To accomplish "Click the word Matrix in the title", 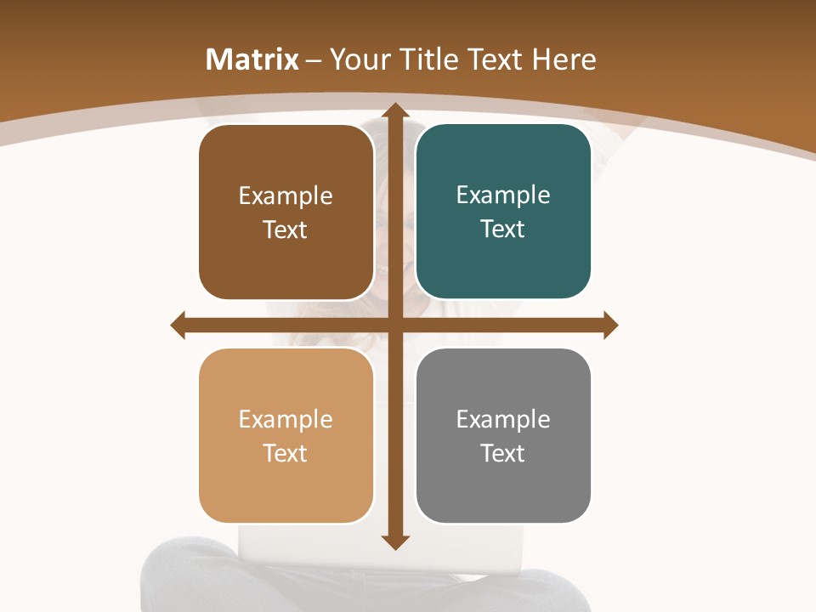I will coord(252,59).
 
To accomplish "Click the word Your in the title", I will coord(354,59).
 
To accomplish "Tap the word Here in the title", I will coord(564,59).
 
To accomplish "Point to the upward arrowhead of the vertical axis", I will coord(394,110).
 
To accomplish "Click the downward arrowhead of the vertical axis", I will coord(394,541).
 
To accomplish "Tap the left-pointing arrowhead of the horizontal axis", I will coord(178,325).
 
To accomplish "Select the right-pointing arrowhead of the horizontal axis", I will coord(609,325).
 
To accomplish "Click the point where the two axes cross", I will coord(394,325).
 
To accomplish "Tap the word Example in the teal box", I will coord(503,195).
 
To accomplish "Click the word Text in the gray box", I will coord(503,453).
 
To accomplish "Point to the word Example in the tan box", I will coord(286,419).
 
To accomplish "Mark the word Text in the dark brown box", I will coord(286,229).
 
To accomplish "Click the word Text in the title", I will coord(494,59).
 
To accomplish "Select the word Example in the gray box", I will coord(503,419).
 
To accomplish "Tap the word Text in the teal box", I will coord(503,229).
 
